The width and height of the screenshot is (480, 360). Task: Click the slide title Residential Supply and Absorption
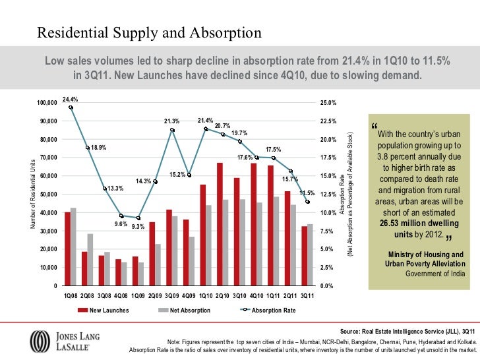pyautogui.click(x=149, y=33)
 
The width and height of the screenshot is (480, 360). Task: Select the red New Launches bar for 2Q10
pyautogui.click(x=220, y=224)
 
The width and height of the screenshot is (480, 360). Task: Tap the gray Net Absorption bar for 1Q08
pyautogui.click(x=73, y=247)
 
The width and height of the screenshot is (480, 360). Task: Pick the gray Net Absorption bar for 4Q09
pyautogui.click(x=191, y=261)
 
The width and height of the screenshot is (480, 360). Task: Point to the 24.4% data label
pyautogui.click(x=70, y=99)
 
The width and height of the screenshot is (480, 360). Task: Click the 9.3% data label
pyautogui.click(x=138, y=226)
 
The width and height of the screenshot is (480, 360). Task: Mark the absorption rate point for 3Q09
pyautogui.click(x=172, y=130)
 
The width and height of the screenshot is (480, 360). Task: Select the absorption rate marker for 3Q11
pyautogui.click(x=307, y=202)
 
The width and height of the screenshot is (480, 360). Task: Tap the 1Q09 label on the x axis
pyautogui.click(x=138, y=296)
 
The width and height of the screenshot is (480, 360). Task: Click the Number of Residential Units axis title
pyautogui.click(x=34, y=195)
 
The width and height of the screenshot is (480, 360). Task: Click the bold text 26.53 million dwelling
pyautogui.click(x=419, y=224)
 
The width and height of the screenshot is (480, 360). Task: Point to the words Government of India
pyautogui.click(x=435, y=274)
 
